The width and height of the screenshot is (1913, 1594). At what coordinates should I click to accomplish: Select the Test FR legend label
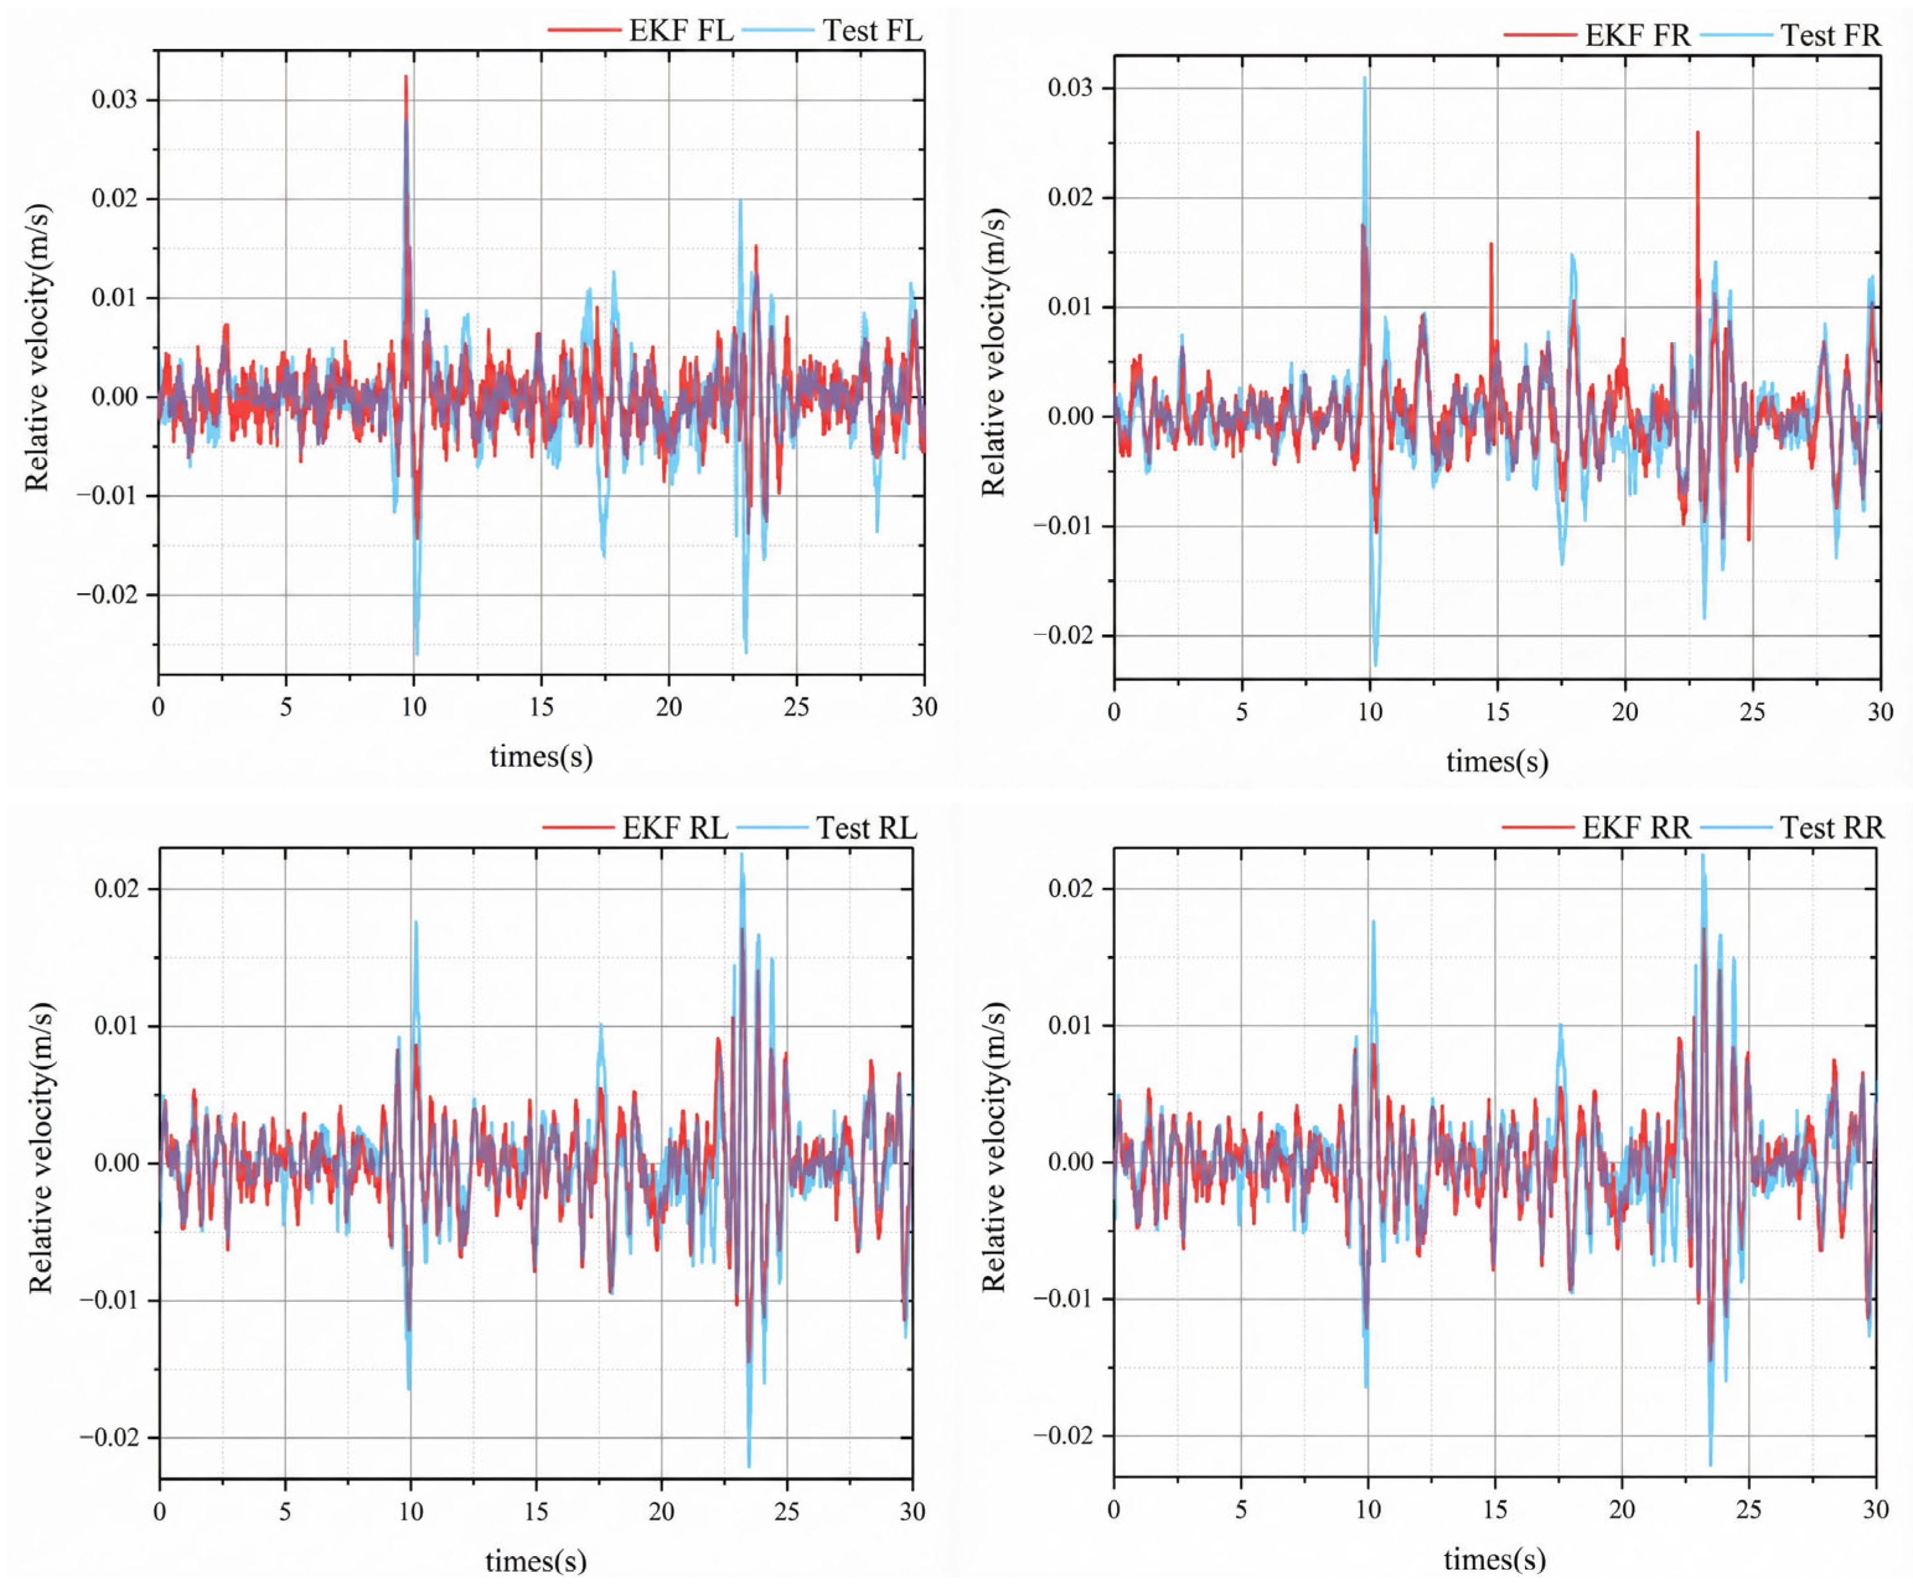pyautogui.click(x=1830, y=35)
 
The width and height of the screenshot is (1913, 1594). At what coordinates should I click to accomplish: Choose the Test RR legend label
pyautogui.click(x=1831, y=828)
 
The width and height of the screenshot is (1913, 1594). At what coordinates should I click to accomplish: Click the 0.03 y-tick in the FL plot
pyautogui.click(x=114, y=99)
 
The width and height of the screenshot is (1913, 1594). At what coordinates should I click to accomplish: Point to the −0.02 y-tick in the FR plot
pyautogui.click(x=1062, y=635)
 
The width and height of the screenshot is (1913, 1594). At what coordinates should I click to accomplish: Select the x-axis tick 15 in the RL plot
pyautogui.click(x=536, y=1512)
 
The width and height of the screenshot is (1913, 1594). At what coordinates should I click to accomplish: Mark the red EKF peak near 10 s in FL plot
pyautogui.click(x=405, y=78)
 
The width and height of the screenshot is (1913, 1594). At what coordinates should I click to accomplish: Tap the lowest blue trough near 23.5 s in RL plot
pyautogui.click(x=749, y=1464)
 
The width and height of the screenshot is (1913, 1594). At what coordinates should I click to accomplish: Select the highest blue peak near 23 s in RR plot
pyautogui.click(x=1703, y=856)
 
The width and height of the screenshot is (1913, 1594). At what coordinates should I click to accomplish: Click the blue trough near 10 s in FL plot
pyautogui.click(x=417, y=652)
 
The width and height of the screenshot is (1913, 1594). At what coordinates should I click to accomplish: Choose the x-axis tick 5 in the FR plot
pyautogui.click(x=1242, y=712)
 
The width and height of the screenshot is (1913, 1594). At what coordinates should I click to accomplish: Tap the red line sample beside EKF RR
pyautogui.click(x=1538, y=828)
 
